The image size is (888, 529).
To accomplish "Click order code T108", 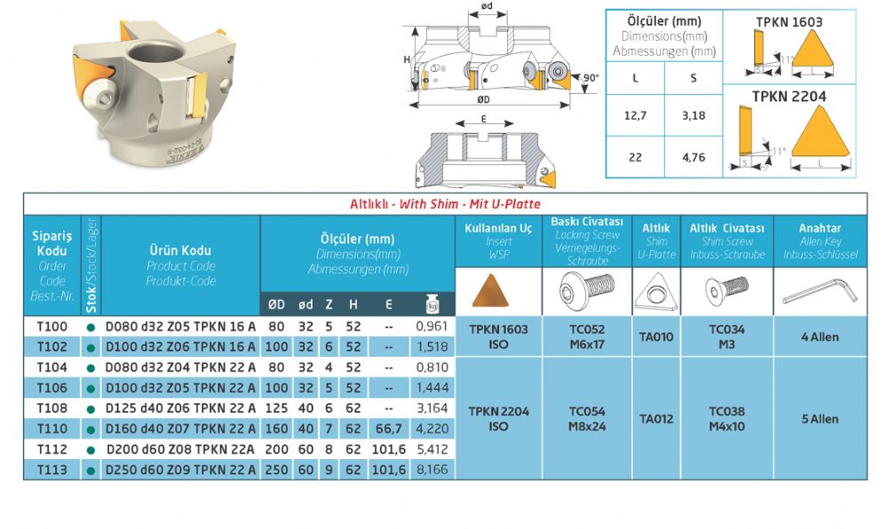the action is tap(52, 408).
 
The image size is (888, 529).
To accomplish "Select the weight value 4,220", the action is tap(432, 429).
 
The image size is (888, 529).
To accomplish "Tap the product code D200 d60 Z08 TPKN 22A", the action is tap(180, 449).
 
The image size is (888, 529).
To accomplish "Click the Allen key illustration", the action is tap(820, 292).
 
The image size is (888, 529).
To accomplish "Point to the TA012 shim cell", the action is tap(656, 419).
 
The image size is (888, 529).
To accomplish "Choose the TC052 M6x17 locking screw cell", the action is tap(587, 336).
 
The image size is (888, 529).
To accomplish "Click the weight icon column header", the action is tap(432, 304).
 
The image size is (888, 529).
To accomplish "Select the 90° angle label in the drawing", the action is tap(591, 77).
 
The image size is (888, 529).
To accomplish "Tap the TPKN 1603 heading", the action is tap(789, 22).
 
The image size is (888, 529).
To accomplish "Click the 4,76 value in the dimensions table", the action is tap(694, 157).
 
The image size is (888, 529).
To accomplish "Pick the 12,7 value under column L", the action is tap(635, 115).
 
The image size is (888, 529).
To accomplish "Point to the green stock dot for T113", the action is tap(91, 470).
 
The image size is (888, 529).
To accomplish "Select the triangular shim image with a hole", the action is tap(656, 292).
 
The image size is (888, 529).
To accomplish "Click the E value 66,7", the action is tap(389, 429).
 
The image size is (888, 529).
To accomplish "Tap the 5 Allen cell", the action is tap(820, 419).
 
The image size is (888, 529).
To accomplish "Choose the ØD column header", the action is tap(276, 304).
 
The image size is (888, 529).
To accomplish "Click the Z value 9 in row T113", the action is tap(329, 470).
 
